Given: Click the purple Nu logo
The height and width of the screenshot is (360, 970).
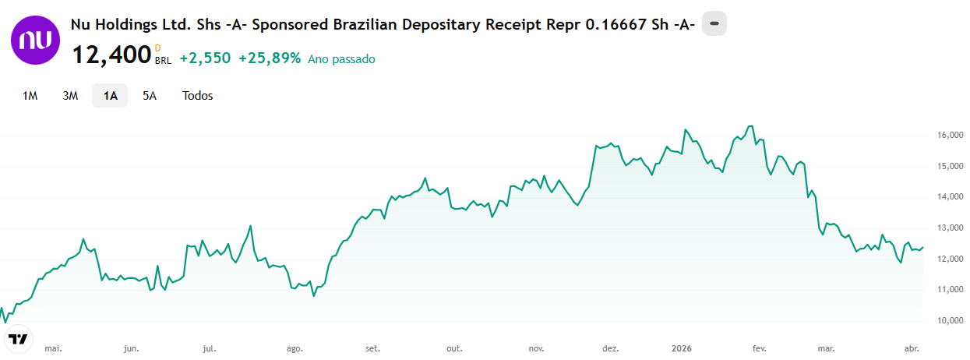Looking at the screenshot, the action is [35, 41].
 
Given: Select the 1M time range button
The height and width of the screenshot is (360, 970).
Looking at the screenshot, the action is [30, 96].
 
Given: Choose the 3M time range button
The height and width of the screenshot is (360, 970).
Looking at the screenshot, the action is [70, 96].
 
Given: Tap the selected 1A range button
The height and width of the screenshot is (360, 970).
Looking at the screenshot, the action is [110, 96].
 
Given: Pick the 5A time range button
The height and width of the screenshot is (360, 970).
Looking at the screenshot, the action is [150, 96].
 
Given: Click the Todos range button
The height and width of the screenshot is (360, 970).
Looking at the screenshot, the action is [197, 96].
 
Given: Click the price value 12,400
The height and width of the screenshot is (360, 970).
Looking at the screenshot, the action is [111, 55].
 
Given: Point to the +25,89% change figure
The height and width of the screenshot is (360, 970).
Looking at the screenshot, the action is [270, 58].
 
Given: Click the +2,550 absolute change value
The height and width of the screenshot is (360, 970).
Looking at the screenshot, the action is [205, 58].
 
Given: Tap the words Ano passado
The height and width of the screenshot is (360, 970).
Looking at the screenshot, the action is [341, 59].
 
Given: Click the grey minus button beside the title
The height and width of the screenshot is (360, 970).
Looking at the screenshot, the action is [714, 23].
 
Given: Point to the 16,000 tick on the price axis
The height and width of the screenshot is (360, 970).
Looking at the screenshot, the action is [950, 135].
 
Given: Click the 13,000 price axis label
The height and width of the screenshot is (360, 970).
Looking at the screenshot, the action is [950, 228].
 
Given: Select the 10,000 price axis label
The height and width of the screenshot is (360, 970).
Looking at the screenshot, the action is [950, 320].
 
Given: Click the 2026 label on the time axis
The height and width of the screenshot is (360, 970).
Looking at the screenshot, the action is [682, 348].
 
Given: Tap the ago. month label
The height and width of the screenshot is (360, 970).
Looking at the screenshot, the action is [295, 349].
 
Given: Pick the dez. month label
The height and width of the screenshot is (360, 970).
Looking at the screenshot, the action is [611, 348].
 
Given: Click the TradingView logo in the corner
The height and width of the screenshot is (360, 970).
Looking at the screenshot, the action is [18, 339].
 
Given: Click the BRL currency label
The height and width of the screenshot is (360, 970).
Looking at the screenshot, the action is [164, 61].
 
